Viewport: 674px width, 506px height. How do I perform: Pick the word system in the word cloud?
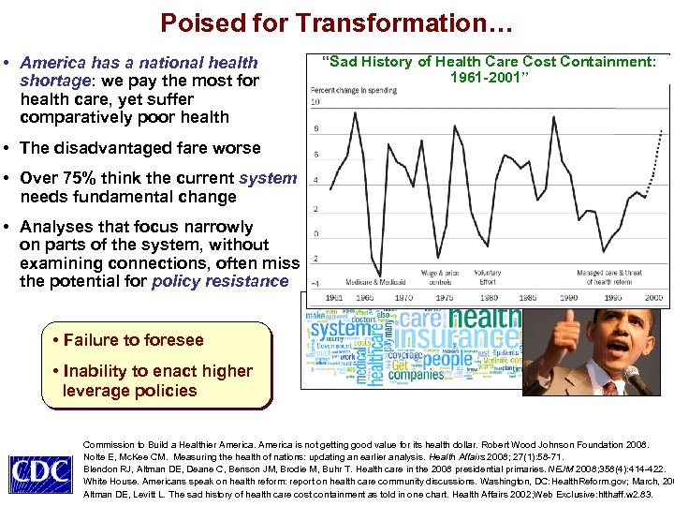pyautogui.click(x=342, y=330)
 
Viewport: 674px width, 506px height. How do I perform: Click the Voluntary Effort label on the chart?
pyautogui.click(x=487, y=277)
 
